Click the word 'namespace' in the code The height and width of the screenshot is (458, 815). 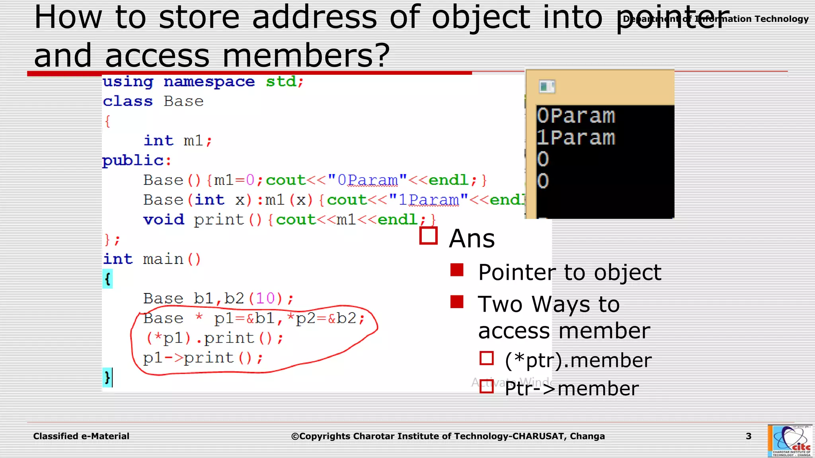(209, 82)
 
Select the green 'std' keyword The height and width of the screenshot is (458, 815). (281, 82)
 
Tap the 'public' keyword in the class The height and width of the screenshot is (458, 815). (133, 161)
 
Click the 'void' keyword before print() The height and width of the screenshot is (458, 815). (164, 219)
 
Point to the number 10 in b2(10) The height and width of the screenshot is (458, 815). (265, 298)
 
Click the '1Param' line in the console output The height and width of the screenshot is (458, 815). (575, 138)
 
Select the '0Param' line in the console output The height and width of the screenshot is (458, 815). (575, 116)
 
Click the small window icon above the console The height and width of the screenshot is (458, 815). (547, 86)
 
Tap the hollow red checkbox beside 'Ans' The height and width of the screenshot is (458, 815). (429, 236)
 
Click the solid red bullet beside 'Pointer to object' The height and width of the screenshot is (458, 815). (457, 270)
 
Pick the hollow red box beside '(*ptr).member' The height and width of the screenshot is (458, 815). (486, 358)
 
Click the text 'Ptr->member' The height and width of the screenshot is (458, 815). (571, 388)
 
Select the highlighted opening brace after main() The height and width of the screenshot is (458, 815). (107, 279)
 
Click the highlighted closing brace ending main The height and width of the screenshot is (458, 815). (107, 377)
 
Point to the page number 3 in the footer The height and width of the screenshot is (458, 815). (749, 436)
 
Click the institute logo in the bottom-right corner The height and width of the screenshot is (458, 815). (790, 441)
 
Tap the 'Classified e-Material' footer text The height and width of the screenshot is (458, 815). (81, 436)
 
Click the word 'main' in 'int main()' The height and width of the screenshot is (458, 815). (163, 259)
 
